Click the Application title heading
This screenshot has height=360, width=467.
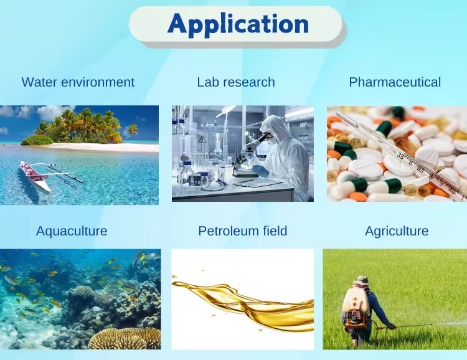pyautogui.click(x=238, y=24)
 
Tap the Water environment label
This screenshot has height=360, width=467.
pyautogui.click(x=78, y=82)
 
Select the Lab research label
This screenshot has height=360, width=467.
pyautogui.click(x=236, y=82)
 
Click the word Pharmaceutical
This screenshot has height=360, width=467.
pyautogui.click(x=395, y=82)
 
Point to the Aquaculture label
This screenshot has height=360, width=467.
pyautogui.click(x=72, y=231)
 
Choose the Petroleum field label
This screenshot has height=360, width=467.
pyautogui.click(x=243, y=231)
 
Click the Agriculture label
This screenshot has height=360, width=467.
pyautogui.click(x=397, y=231)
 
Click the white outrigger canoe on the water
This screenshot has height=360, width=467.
pyautogui.click(x=35, y=178)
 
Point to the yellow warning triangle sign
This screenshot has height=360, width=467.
pyautogui.click(x=202, y=140)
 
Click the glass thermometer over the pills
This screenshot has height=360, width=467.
pyautogui.click(x=402, y=155)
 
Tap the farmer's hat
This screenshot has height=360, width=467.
pyautogui.click(x=362, y=280)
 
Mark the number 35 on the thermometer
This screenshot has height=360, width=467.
pyautogui.click(x=400, y=155)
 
